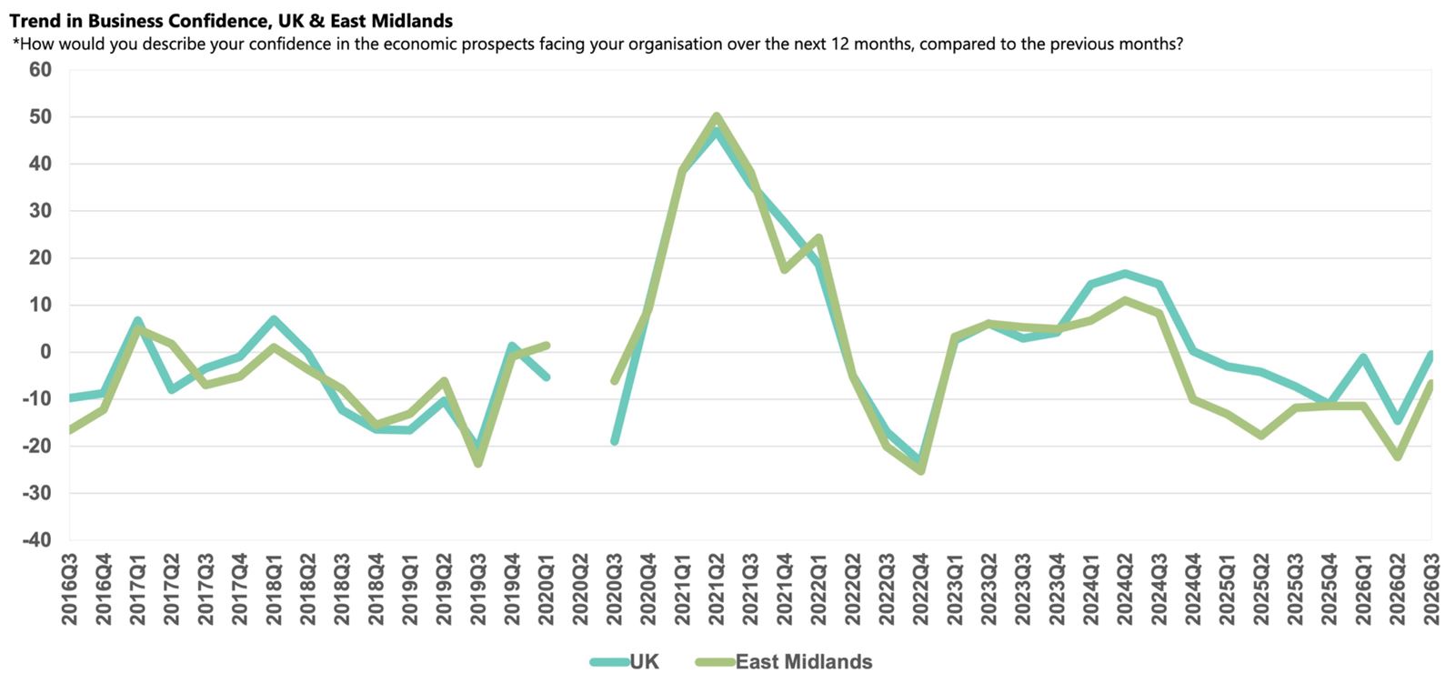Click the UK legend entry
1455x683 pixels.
[x=624, y=661]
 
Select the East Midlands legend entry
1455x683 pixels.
[x=783, y=661]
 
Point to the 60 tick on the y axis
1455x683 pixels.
[x=40, y=69]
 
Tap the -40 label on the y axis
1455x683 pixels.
[x=36, y=540]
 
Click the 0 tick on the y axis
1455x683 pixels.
[x=45, y=352]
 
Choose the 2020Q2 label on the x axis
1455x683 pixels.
[x=580, y=589]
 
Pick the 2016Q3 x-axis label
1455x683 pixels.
[x=69, y=589]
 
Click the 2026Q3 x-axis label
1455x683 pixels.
[x=1431, y=589]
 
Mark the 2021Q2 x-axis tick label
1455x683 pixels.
[x=717, y=589]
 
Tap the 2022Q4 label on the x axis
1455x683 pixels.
[x=920, y=589]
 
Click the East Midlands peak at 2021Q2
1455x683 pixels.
[x=717, y=116]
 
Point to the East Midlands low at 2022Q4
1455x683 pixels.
[x=920, y=470]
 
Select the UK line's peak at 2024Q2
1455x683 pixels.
[x=1125, y=274]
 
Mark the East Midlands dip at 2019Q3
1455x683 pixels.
[x=478, y=464]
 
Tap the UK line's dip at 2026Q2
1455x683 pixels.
[x=1397, y=421]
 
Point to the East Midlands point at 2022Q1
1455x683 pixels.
[x=818, y=237]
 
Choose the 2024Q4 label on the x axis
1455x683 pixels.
[x=1193, y=589]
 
